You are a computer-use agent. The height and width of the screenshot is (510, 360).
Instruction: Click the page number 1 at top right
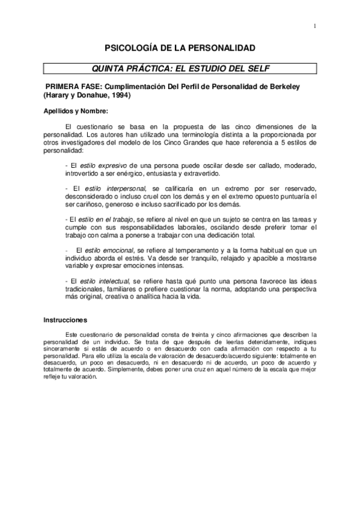click(314, 26)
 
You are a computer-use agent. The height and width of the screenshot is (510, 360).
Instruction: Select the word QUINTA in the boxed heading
click(109, 67)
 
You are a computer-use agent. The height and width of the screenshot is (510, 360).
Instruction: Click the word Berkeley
click(288, 86)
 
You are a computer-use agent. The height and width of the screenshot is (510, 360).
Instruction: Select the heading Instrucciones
click(66, 321)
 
